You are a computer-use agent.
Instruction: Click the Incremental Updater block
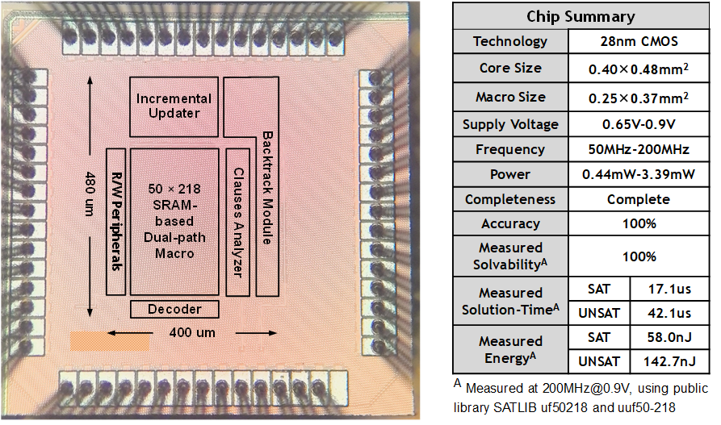click(174, 106)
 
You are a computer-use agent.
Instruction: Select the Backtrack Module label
click(267, 187)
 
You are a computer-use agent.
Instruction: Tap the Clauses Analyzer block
click(237, 221)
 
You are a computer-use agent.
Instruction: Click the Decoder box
click(174, 309)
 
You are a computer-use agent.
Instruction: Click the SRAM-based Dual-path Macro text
click(174, 221)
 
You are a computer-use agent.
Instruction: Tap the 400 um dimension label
click(191, 331)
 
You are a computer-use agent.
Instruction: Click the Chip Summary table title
click(581, 16)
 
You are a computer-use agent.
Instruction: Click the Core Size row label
click(510, 68)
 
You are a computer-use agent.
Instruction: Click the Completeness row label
click(510, 199)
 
